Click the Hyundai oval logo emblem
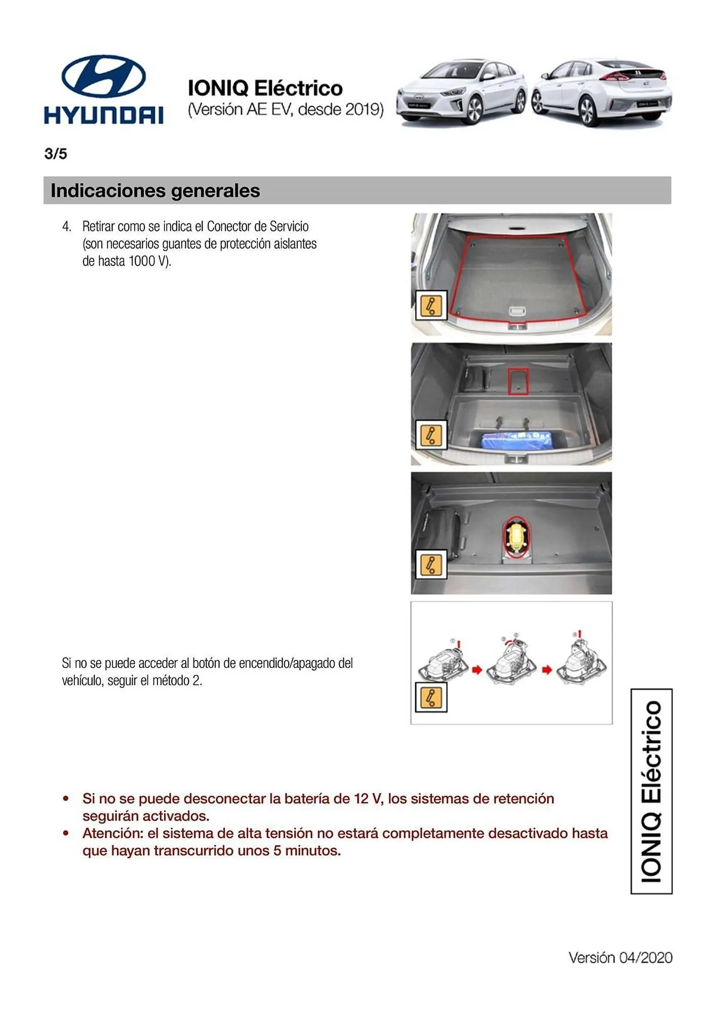(x=104, y=76)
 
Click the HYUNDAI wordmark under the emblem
(x=104, y=115)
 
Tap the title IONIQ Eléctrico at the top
(x=265, y=88)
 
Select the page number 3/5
(x=56, y=154)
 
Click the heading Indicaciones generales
(x=155, y=191)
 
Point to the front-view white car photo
(x=462, y=92)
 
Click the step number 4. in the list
(x=66, y=226)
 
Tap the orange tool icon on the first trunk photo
(x=431, y=305)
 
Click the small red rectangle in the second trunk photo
(x=518, y=382)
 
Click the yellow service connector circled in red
(x=516, y=537)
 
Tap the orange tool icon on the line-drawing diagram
(x=431, y=697)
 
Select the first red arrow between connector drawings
(x=476, y=669)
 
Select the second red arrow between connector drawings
(x=546, y=669)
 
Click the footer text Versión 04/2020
(x=620, y=957)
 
